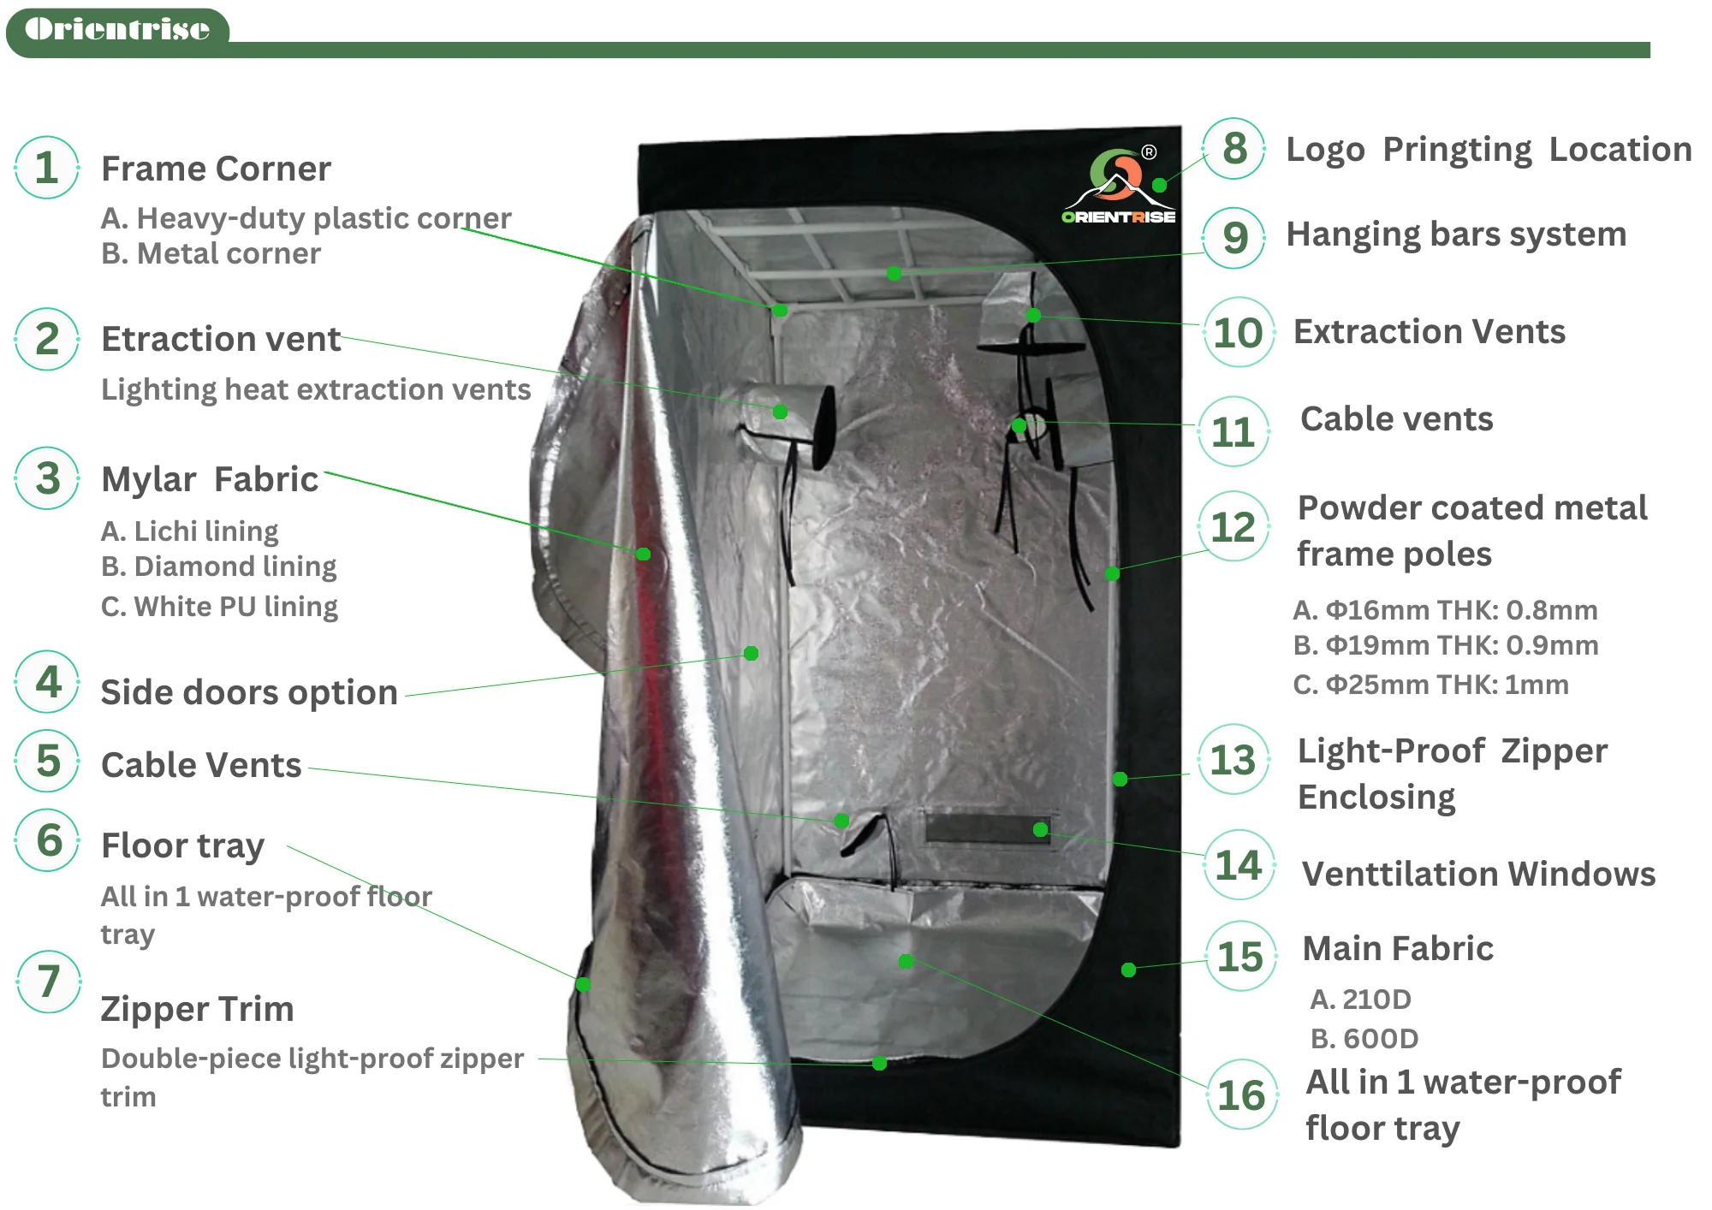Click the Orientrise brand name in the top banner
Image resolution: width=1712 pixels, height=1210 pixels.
tap(117, 29)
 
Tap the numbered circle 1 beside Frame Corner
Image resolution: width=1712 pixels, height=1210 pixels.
tap(47, 168)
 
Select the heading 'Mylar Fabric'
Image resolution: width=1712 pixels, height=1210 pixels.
tap(210, 479)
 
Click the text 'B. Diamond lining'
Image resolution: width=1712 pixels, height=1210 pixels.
tap(219, 566)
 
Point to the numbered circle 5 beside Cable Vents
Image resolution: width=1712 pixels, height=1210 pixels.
tap(48, 761)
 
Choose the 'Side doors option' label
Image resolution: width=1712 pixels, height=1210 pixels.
tap(249, 692)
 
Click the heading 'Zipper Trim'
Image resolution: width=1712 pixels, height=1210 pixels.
tap(197, 1009)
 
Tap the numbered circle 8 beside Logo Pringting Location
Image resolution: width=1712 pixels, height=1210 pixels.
tap(1234, 149)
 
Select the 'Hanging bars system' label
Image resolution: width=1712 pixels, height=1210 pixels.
tap(1456, 234)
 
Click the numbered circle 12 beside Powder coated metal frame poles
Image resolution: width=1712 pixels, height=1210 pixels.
tap(1233, 526)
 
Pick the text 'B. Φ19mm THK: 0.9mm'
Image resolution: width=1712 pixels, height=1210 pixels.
tap(1445, 645)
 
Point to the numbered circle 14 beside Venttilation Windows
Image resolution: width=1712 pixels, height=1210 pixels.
tap(1239, 865)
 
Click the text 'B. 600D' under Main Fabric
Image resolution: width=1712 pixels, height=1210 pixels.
tap(1364, 1039)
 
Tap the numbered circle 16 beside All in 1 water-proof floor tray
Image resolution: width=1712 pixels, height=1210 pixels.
tap(1241, 1095)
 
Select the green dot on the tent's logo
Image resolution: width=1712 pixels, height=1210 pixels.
tap(1159, 185)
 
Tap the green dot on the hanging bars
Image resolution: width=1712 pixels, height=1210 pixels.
tap(894, 273)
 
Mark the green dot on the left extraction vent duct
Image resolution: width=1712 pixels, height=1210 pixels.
tap(780, 412)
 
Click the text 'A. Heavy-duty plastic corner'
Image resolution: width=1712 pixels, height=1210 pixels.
tap(306, 218)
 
